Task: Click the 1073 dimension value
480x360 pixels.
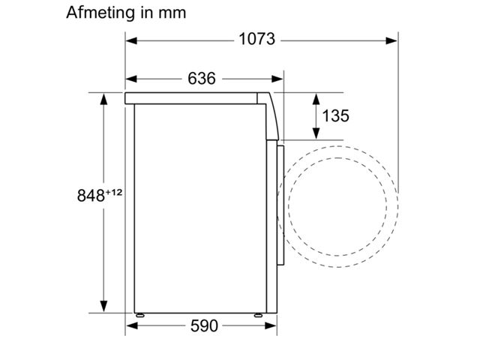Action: pyautogui.click(x=256, y=40)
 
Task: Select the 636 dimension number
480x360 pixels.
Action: pyautogui.click(x=202, y=78)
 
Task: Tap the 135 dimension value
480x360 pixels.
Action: pyautogui.click(x=335, y=115)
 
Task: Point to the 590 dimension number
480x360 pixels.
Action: pyautogui.click(x=204, y=325)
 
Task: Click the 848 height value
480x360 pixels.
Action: pyautogui.click(x=91, y=196)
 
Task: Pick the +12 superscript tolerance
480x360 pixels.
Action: pyautogui.click(x=114, y=192)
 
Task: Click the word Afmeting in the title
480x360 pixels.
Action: pyautogui.click(x=100, y=13)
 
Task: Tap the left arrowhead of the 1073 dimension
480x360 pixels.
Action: pyautogui.click(x=131, y=40)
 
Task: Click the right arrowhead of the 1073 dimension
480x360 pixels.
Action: pyautogui.click(x=391, y=40)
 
